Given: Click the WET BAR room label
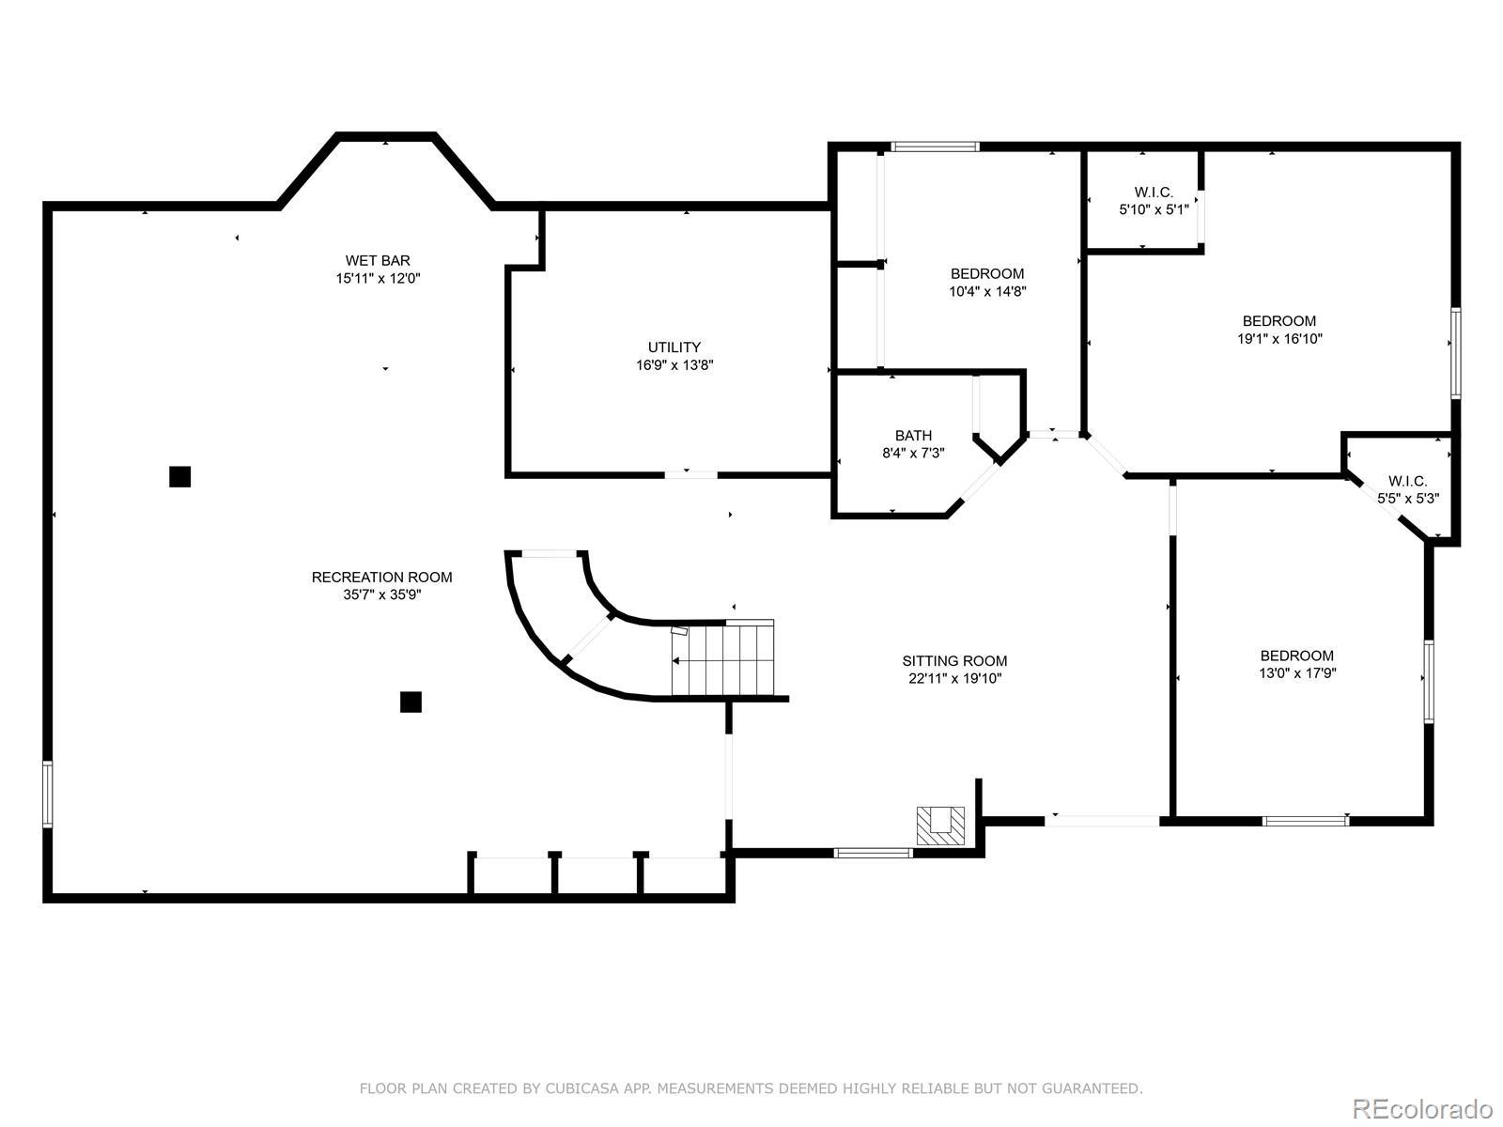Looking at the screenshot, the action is click(x=378, y=261).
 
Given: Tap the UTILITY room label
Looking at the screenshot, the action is click(x=674, y=347).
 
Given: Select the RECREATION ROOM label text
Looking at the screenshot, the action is click(x=382, y=578).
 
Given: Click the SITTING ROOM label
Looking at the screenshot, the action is click(x=954, y=661).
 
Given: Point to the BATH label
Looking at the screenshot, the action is click(x=913, y=436).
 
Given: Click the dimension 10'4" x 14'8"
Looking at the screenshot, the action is click(x=987, y=291).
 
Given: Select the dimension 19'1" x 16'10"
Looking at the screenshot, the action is click(x=1279, y=339).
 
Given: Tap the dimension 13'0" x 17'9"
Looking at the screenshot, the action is click(x=1297, y=673).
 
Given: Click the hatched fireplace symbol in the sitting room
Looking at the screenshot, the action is click(x=941, y=826).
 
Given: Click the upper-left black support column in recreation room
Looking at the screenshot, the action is click(x=180, y=477).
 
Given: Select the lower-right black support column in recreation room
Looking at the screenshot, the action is click(x=411, y=702).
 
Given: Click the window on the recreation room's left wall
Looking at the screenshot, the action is click(x=47, y=794).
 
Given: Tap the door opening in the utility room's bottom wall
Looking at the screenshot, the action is click(x=690, y=473).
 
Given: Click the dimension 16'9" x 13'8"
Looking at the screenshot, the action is click(x=674, y=365).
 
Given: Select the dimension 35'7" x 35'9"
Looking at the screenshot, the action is click(x=382, y=595).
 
